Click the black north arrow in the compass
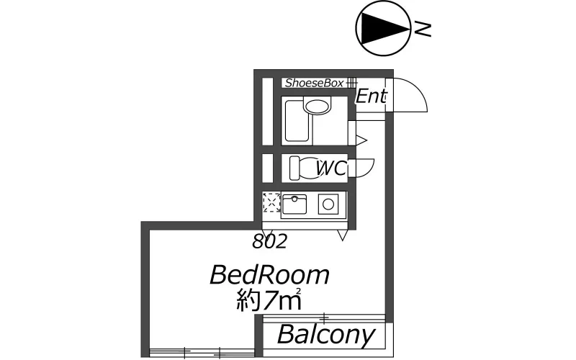click(382, 28)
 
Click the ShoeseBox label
click(315, 83)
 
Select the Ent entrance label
click(371, 96)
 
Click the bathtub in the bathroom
click(297, 121)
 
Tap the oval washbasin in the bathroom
click(316, 106)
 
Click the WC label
click(331, 168)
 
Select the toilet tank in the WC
click(294, 168)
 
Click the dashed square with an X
click(272, 202)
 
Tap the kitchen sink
click(294, 204)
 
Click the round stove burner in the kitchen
click(328, 204)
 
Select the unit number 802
click(269, 242)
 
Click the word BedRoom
click(269, 275)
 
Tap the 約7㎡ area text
click(269, 300)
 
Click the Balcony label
click(326, 335)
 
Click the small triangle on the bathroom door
click(361, 140)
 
